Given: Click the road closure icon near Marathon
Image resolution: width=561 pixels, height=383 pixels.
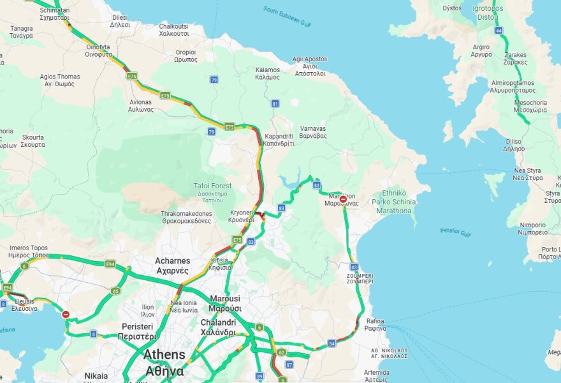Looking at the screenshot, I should [x=343, y=199].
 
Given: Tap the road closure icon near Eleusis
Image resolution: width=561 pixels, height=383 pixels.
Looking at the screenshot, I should [x=66, y=314].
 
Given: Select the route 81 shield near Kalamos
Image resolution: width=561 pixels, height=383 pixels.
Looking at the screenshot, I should [x=275, y=103].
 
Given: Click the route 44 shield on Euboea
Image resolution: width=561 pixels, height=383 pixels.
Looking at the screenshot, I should [x=499, y=31].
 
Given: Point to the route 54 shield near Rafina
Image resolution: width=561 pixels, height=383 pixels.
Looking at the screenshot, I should [x=331, y=343].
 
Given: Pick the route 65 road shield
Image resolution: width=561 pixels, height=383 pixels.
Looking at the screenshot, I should [x=115, y=290].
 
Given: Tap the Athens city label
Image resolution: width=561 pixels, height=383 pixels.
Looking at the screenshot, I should [x=164, y=362].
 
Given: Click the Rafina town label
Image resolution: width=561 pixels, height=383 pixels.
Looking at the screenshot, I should [x=375, y=324].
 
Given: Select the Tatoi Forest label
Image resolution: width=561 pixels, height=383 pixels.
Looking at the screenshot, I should [x=213, y=189].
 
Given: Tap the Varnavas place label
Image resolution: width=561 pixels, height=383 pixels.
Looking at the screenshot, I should [x=312, y=131].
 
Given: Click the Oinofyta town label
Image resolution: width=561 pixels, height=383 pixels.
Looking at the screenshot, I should [x=99, y=50].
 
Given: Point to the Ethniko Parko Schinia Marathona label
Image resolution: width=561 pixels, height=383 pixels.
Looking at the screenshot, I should [x=394, y=201].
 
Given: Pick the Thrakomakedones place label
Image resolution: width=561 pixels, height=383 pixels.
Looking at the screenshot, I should [x=186, y=217].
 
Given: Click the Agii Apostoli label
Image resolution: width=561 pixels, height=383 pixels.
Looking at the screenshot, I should [x=310, y=66].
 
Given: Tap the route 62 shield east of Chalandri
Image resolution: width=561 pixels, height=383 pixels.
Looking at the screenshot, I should [x=281, y=352].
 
